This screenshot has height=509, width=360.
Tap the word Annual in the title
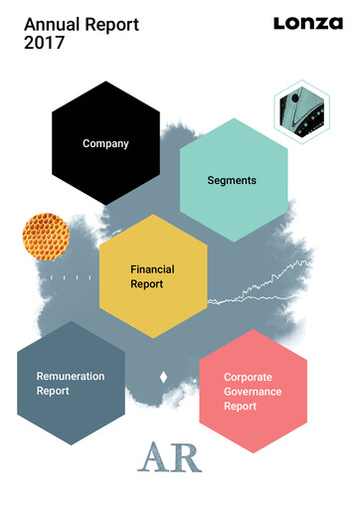[48, 23]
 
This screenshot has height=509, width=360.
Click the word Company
[105, 144]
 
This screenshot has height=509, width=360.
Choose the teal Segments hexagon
[233, 181]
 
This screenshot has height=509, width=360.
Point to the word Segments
[232, 181]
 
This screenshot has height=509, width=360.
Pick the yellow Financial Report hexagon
[153, 276]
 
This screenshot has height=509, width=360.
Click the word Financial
[152, 269]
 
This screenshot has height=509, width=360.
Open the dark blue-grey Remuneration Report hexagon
[71, 384]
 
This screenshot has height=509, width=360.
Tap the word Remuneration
[71, 377]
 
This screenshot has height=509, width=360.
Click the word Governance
[253, 392]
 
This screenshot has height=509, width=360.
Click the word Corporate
[248, 378]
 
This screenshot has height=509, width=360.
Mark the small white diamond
[163, 377]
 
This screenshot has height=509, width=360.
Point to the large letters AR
[170, 456]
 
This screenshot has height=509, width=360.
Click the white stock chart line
[269, 283]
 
